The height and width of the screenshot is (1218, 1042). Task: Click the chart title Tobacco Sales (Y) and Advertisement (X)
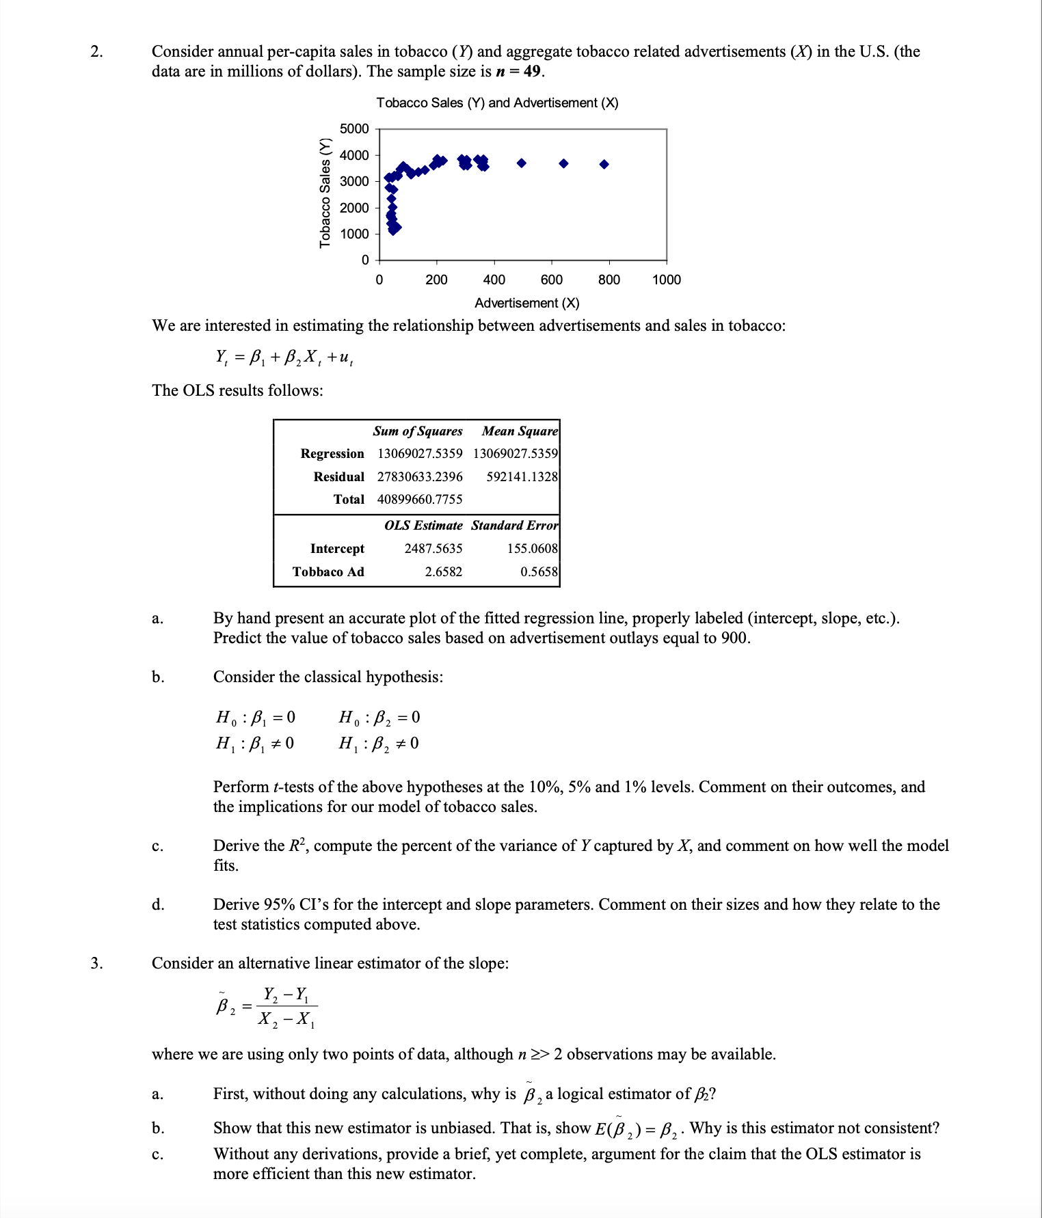(x=497, y=103)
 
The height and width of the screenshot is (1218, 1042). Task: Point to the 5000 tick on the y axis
(x=354, y=129)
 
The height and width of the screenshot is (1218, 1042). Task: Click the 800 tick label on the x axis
(x=609, y=280)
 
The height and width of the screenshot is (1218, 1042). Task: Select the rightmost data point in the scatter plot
(x=604, y=164)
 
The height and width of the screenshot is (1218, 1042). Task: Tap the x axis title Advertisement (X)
(x=526, y=303)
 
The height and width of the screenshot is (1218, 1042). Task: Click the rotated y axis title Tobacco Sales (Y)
(x=325, y=193)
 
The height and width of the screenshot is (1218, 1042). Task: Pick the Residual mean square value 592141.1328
(x=522, y=476)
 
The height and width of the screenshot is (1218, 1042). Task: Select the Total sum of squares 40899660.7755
(x=419, y=500)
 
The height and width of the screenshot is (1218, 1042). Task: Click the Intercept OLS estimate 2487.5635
(x=433, y=549)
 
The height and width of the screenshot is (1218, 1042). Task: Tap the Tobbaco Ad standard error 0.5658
(x=539, y=572)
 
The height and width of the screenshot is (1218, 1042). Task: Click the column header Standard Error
(x=514, y=526)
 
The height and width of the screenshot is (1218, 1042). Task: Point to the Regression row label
(x=332, y=454)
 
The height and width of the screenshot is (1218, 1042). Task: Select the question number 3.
(x=96, y=963)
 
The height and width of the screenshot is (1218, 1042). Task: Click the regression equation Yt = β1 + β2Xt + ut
(x=284, y=357)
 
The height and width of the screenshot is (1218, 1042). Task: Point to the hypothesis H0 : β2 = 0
(x=379, y=717)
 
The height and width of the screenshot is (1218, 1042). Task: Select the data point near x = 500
(x=522, y=163)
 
